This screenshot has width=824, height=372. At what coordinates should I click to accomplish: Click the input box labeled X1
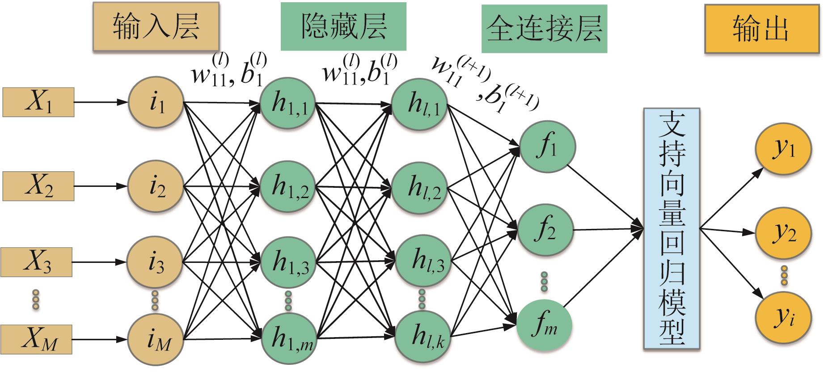[x=38, y=102]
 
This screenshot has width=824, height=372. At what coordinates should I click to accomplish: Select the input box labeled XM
[x=38, y=340]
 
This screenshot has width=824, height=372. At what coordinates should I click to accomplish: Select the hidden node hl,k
[x=423, y=338]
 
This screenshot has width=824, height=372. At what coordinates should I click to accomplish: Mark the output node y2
[x=783, y=232]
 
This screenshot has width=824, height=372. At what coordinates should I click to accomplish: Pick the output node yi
[x=783, y=317]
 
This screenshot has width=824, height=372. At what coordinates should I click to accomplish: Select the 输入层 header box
[x=156, y=27]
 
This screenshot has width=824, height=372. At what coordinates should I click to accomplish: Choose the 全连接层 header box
[x=544, y=28]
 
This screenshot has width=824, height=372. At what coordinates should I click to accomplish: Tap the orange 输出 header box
[x=760, y=29]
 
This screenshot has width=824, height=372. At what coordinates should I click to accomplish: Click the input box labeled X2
[x=38, y=186]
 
